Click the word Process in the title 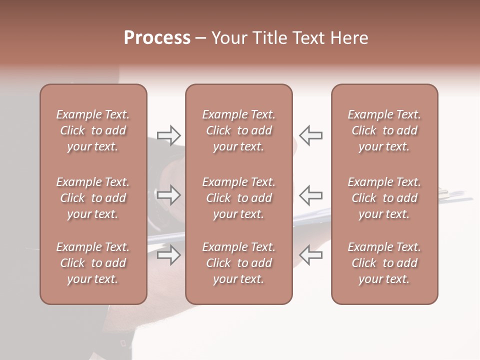pos(157,38)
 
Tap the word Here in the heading pos(348,38)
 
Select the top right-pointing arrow pos(169,135)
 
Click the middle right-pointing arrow pos(169,195)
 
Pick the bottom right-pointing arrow pos(169,255)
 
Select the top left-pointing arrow pos(310,135)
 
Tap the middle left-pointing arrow pos(310,195)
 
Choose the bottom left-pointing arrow pos(310,255)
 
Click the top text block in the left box pos(93,130)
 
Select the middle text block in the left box pos(93,198)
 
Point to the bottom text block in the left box pos(93,263)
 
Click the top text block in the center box pos(238,130)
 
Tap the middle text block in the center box pos(238,198)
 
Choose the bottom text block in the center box pos(238,263)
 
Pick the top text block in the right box pos(384,130)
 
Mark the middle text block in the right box pos(384,198)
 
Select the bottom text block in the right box pos(384,263)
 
